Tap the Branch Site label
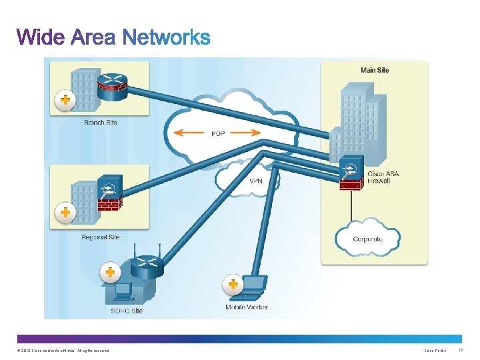101,123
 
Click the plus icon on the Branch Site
65,100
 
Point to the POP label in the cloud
218,133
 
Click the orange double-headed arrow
217,133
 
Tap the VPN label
256,181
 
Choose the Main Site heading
375,70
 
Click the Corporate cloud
367,237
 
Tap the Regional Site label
101,237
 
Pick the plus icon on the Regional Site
65,213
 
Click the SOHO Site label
126,311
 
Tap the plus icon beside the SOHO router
110,272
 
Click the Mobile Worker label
247,307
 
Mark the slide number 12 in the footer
461,350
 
